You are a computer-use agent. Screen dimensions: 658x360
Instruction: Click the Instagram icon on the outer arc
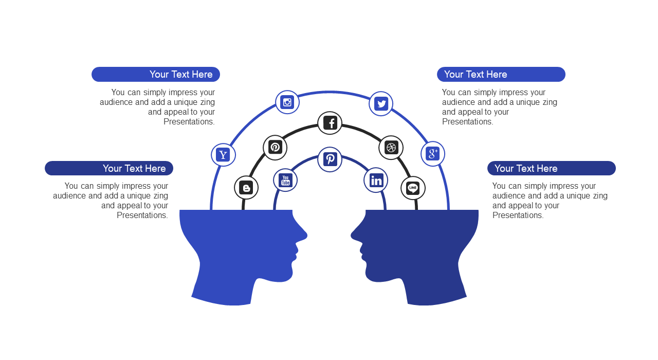287,102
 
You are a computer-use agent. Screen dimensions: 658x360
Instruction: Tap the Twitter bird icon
381,103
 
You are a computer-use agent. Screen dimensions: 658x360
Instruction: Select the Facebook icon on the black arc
330,123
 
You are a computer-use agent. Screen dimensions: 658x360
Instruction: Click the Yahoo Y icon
223,155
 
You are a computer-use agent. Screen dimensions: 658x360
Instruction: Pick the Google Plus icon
432,154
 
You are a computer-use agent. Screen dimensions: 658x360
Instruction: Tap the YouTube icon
285,180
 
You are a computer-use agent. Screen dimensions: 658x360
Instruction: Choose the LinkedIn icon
376,180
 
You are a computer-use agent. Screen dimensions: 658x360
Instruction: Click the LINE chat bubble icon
413,188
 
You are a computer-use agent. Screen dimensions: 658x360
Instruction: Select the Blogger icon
246,188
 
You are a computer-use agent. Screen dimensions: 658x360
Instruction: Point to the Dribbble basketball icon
391,148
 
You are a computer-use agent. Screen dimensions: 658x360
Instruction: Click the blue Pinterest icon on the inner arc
330,159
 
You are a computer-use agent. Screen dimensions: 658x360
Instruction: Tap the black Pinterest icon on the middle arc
275,147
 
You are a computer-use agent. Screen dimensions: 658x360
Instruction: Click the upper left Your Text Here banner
156,75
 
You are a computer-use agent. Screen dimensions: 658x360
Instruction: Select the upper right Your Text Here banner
501,75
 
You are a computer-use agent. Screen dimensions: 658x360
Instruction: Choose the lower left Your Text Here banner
109,168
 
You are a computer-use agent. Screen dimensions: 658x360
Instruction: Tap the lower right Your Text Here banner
552,168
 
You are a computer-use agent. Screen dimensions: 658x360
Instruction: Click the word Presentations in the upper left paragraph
189,122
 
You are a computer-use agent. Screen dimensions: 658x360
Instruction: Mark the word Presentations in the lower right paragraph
518,215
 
